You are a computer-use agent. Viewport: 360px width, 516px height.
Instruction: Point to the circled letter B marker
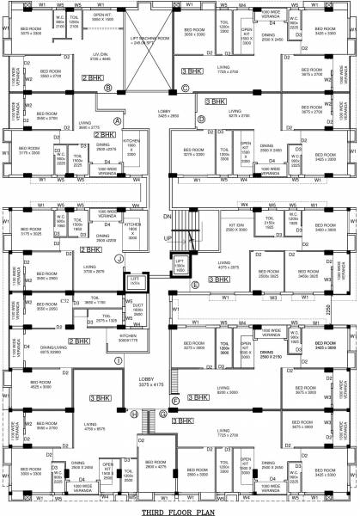[x=108, y=87]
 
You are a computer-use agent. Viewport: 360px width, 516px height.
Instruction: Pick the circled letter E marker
[x=196, y=284]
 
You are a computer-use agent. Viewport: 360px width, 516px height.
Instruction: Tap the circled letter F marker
[x=176, y=400]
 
